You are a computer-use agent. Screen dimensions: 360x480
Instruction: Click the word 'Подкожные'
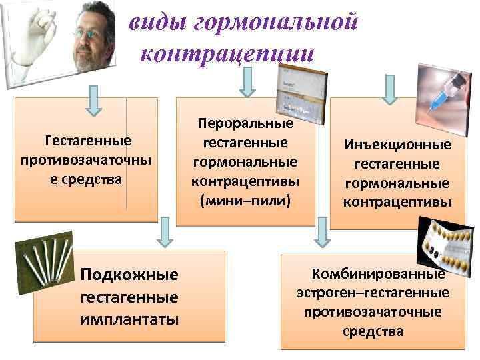point(129,275)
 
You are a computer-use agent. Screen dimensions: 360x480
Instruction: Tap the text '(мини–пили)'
point(245,199)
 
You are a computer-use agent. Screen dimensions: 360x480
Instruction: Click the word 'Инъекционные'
point(397,145)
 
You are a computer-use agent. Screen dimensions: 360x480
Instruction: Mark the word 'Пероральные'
point(245,124)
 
